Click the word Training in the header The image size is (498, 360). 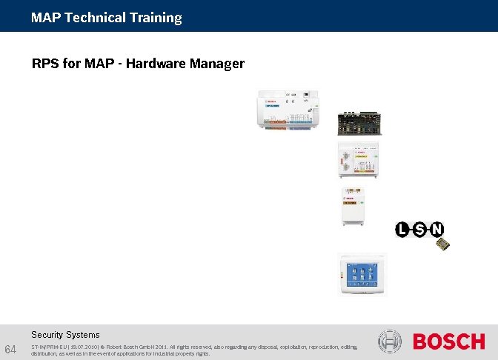(x=155, y=18)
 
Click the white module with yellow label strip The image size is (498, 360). (x=359, y=161)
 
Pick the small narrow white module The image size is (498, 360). (x=351, y=207)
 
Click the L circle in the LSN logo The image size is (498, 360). (x=402, y=230)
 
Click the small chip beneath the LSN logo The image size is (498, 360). (x=442, y=244)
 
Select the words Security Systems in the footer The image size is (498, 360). (x=65, y=335)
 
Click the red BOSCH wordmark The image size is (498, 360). (x=448, y=341)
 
